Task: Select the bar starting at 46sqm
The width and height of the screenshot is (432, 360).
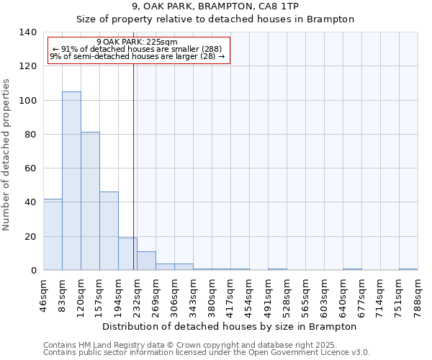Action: pyautogui.click(x=53, y=235)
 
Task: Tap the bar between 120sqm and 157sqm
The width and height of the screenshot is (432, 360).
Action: pyautogui.click(x=90, y=201)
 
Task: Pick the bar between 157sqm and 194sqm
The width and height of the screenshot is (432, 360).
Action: pyautogui.click(x=109, y=230)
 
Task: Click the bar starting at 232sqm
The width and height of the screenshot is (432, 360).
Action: pyautogui.click(x=146, y=261)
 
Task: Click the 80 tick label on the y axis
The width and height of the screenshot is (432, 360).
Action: pyautogui.click(x=30, y=135)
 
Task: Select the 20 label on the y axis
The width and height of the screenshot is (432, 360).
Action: pyautogui.click(x=30, y=236)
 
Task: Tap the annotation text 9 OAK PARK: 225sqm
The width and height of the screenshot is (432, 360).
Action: pyautogui.click(x=137, y=42)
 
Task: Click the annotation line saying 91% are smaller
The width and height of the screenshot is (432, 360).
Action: pyautogui.click(x=137, y=49)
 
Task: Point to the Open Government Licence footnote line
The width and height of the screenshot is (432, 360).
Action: pyautogui.click(x=206, y=352)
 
